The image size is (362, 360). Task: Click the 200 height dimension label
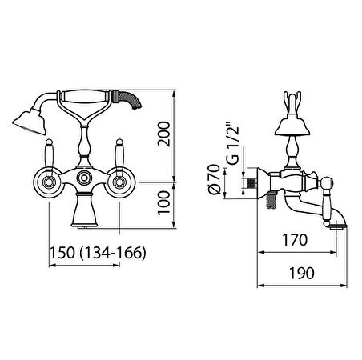click(163, 134)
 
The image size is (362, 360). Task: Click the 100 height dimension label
click(163, 202)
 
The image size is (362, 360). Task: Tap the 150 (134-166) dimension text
click(99, 252)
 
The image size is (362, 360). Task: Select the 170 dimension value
click(295, 240)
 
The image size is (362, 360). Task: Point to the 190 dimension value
click(302, 273)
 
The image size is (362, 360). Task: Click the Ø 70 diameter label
click(214, 179)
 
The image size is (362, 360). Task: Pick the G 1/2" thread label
click(231, 144)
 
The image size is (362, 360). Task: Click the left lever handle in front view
click(49, 158)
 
